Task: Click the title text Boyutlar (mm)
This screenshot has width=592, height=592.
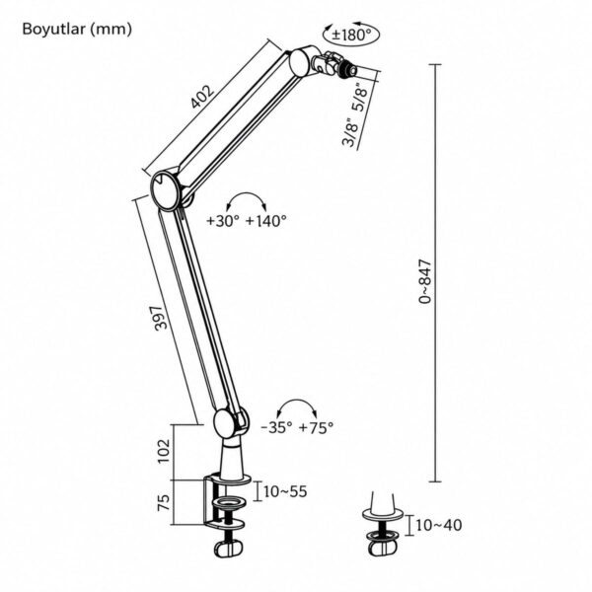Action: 77,29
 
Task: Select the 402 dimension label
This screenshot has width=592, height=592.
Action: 202,97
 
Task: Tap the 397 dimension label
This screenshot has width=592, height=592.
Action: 161,318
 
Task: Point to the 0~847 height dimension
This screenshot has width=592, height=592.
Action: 425,281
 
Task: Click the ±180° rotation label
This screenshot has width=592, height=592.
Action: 351,36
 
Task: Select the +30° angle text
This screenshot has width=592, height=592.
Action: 223,220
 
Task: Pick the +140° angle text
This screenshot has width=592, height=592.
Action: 266,220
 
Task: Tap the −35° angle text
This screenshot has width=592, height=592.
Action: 276,427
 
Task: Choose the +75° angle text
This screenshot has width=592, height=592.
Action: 316,427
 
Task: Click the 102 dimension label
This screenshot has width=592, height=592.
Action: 164,451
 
